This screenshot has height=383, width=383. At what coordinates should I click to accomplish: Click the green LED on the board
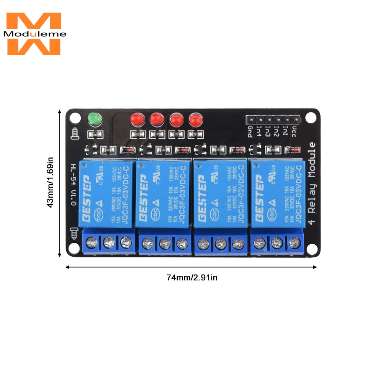pyautogui.click(x=94, y=119)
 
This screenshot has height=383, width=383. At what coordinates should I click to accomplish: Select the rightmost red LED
pyautogui.click(x=195, y=120)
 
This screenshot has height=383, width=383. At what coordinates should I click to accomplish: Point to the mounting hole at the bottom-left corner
pyautogui.click(x=74, y=249)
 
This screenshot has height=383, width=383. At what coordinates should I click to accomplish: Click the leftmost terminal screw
pyautogui.click(x=91, y=242)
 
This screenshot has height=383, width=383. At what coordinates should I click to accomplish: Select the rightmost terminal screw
pyautogui.click(x=294, y=242)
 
